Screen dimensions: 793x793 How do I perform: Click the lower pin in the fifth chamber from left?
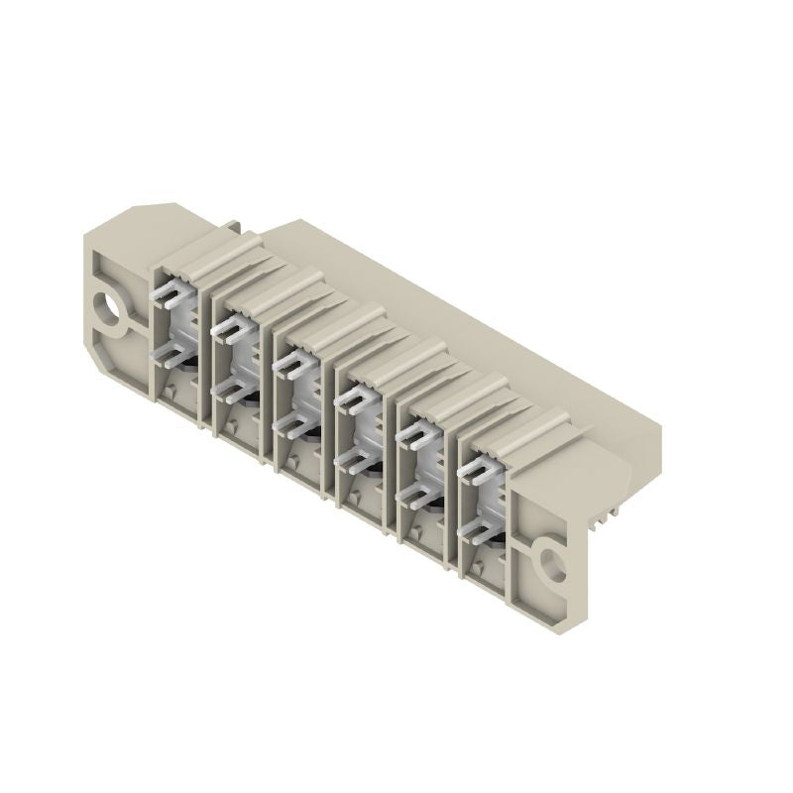[x=410, y=493]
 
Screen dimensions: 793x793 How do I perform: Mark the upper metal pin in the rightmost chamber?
[x=477, y=466]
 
